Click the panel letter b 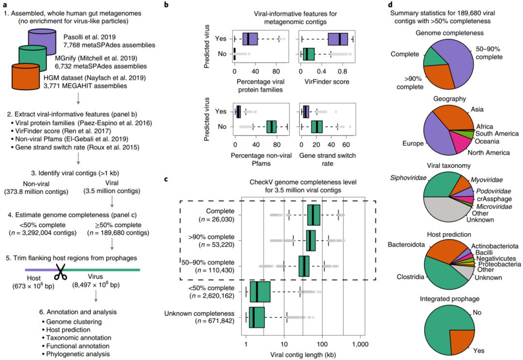(167, 5)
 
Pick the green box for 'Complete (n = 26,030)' (313, 215)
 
